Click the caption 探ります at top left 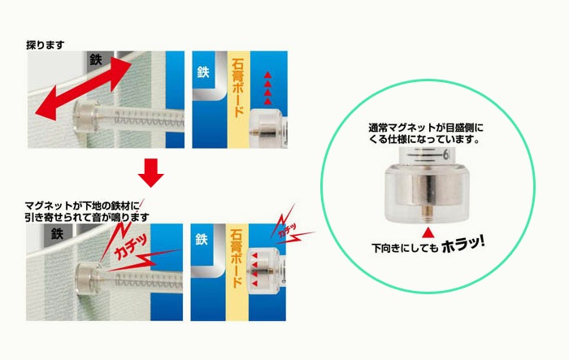pos(46,45)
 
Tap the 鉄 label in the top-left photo pos(96,59)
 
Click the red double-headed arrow pos(83,89)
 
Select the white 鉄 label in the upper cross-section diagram pos(203,72)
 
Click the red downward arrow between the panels pos(150,172)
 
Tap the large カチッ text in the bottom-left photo pos(132,247)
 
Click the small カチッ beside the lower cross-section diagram pos(287,231)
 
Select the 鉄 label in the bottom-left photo pos(57,233)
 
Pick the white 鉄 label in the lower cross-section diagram pos(202,239)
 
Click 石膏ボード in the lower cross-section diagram pos(237,259)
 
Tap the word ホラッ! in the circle pos(463,245)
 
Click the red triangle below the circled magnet pos(428,232)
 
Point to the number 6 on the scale pos(446,155)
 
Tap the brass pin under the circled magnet pos(428,213)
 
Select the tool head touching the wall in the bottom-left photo pos(88,279)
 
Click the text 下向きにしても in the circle pos(405,248)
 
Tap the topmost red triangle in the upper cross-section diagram pos(267,75)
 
